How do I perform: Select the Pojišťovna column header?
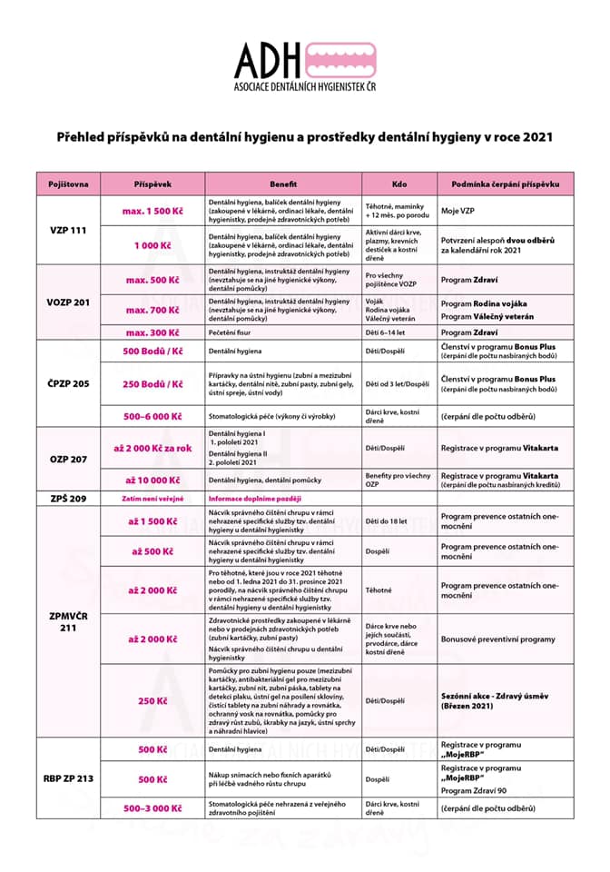pos(68,183)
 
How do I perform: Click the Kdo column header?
pos(399,183)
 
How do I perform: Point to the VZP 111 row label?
pos(68,230)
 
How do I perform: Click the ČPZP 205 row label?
pos(68,383)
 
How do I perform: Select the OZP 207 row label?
pos(68,459)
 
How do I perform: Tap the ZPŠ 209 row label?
pos(68,499)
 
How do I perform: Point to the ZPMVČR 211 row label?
pos(68,621)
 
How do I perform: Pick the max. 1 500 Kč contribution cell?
pos(152,211)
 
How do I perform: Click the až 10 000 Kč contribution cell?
pos(152,480)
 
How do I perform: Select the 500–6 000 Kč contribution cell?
pos(152,417)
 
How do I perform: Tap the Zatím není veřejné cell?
pos(152,499)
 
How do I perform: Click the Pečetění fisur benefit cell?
pos(236,333)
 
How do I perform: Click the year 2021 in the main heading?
pos(535,137)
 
